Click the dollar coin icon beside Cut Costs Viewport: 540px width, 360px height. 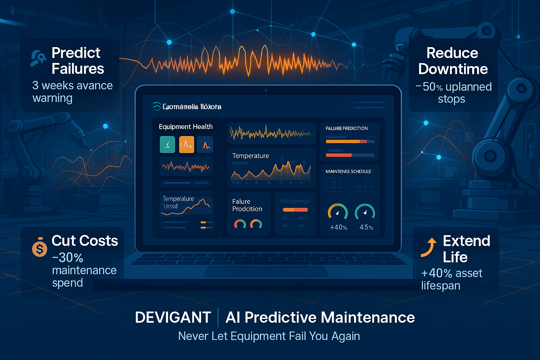pyautogui.click(x=40, y=248)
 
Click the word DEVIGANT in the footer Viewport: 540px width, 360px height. pyautogui.click(x=173, y=317)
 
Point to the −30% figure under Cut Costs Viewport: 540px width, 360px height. pyautogui.click(x=67, y=258)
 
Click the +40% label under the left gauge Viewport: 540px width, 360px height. pyautogui.click(x=338, y=227)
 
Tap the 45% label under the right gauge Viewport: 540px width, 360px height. pyautogui.click(x=366, y=227)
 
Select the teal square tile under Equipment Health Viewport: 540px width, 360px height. pyautogui.click(x=167, y=144)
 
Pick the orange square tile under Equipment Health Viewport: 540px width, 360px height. pyautogui.click(x=186, y=144)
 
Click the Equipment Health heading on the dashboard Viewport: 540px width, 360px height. pyautogui.click(x=186, y=127)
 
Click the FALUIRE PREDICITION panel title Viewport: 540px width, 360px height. pyautogui.click(x=347, y=128)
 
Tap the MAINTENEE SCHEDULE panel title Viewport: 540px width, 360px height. pyautogui.click(x=348, y=172)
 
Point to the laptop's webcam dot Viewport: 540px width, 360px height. pyautogui.click(x=266, y=90)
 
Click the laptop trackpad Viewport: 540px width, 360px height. pyautogui.click(x=266, y=271)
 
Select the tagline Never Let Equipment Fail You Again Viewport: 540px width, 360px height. pyautogui.click(x=269, y=336)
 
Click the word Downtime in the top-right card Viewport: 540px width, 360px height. pyautogui.click(x=453, y=69)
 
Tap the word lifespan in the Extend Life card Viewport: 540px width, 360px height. pyautogui.click(x=441, y=285)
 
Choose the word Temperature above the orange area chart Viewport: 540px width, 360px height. pyautogui.click(x=250, y=156)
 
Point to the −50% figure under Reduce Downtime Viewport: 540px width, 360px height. pyautogui.click(x=429, y=86)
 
